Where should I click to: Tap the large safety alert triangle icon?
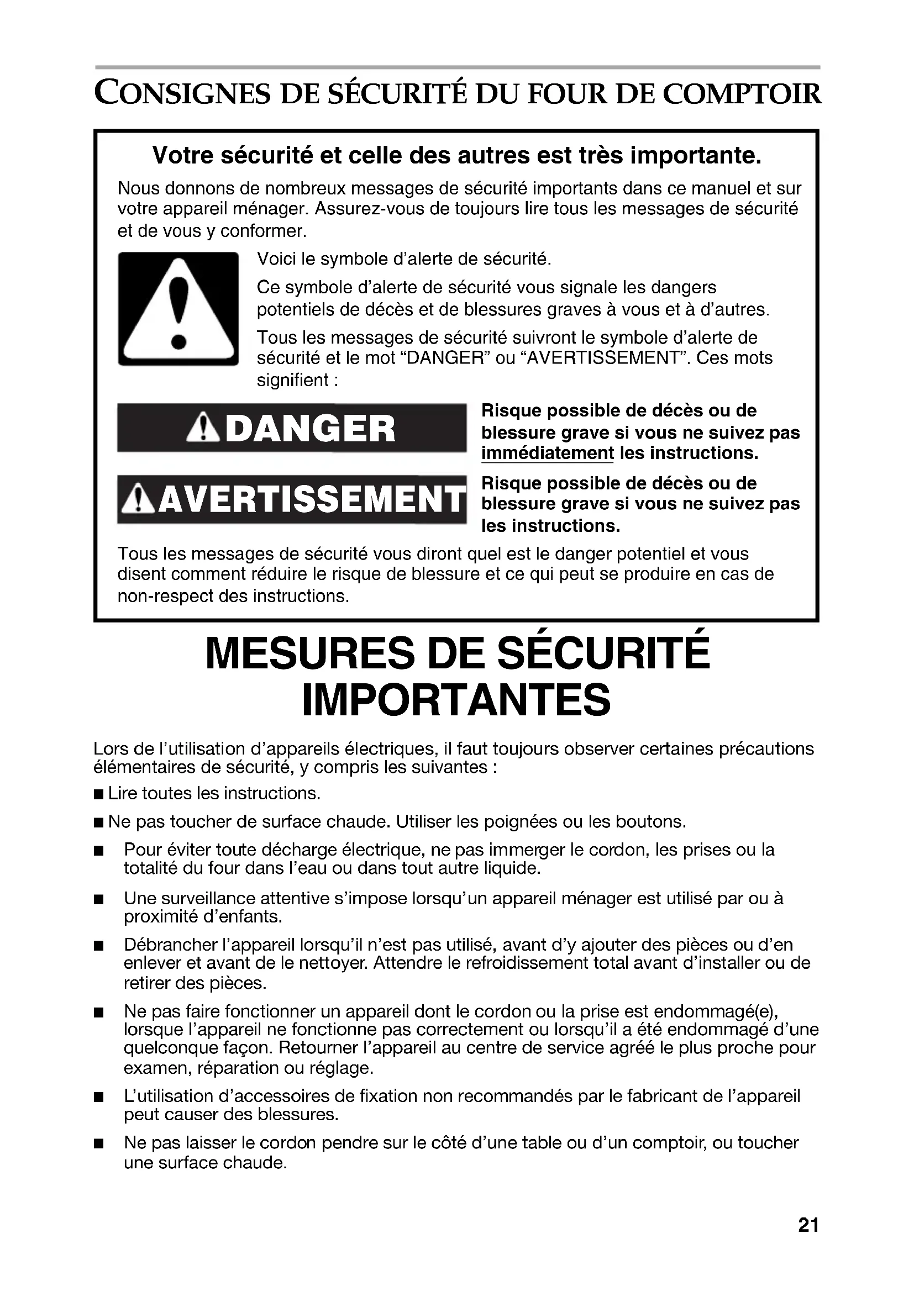click(178, 309)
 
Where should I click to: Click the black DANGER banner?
click(292, 428)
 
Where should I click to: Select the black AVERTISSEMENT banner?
click(292, 500)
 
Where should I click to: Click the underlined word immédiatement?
click(547, 453)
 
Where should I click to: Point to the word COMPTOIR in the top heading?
click(742, 93)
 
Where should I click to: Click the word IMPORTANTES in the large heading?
click(456, 700)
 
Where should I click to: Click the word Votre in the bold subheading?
click(181, 156)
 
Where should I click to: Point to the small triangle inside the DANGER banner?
click(203, 429)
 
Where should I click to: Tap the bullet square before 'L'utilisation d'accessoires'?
click(99, 1098)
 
